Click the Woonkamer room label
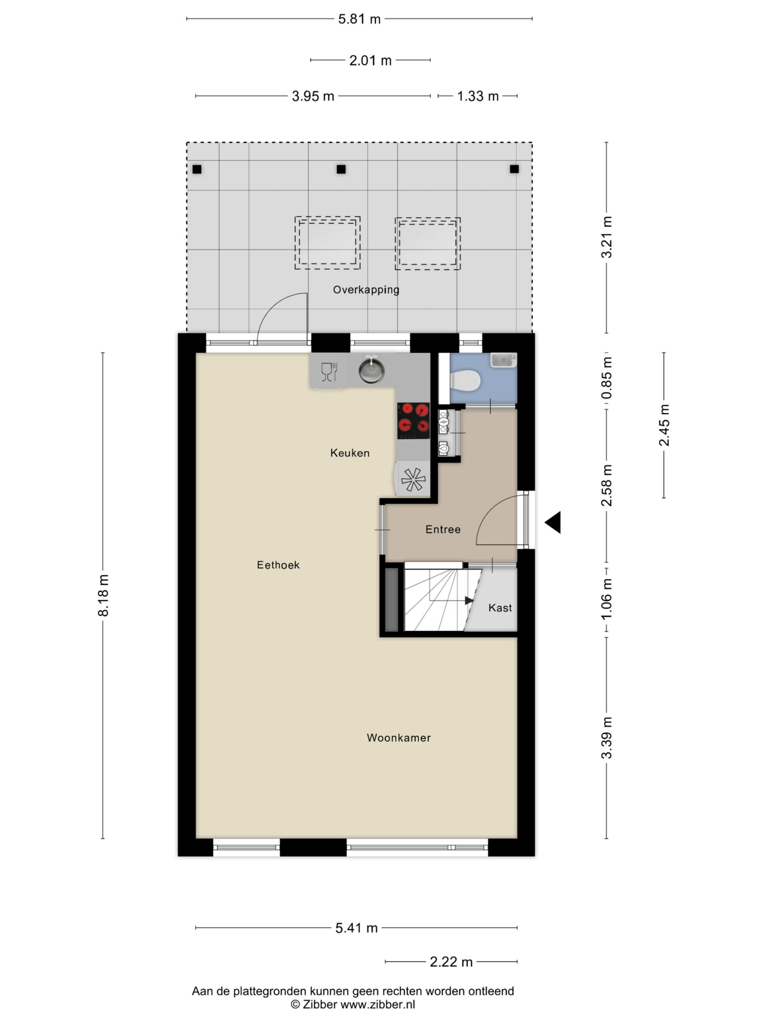[x=399, y=737]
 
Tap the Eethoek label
[x=278, y=564]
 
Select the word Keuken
[x=350, y=453]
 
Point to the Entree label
[x=443, y=529]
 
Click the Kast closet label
[x=500, y=608]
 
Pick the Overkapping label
[x=366, y=290]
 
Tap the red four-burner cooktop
[x=413, y=420]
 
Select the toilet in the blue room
[x=465, y=380]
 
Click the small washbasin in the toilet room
[x=503, y=360]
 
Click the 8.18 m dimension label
[x=103, y=595]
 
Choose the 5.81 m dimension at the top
[x=359, y=19]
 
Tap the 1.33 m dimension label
[x=478, y=96]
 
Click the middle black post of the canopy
[x=341, y=169]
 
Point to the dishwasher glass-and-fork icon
[x=329, y=372]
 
